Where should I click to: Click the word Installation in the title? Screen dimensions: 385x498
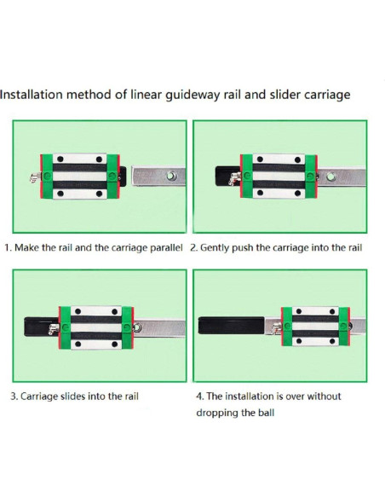coord(32,95)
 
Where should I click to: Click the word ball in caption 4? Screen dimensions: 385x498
coord(267,413)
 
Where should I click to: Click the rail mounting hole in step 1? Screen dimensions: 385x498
coord(171,176)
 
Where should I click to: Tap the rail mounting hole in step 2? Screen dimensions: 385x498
coord(330,176)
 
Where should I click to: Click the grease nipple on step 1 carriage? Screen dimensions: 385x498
coord(34,177)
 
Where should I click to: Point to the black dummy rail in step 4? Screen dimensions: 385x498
coord(231,325)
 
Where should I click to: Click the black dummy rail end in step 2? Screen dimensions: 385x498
coord(225,176)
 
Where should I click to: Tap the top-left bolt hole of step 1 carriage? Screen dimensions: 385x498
coord(60,159)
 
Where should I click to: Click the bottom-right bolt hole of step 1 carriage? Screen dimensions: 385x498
coord(99,194)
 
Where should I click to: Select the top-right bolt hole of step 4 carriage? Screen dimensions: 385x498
coord(332,311)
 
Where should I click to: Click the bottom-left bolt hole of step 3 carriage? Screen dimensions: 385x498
coord(78,344)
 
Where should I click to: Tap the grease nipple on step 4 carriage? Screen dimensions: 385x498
coord(276,328)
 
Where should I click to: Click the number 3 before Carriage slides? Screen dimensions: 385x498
coord(14,397)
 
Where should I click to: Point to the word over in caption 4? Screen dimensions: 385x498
coord(296,397)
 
